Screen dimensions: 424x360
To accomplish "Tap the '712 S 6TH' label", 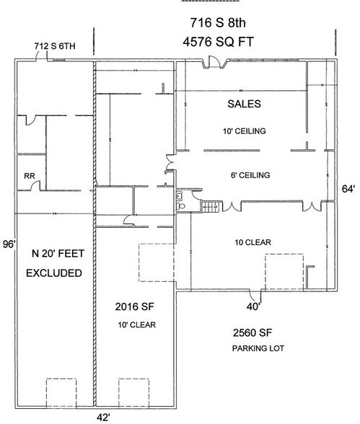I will (x=56, y=48).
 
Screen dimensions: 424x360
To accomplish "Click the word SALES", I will (x=244, y=104).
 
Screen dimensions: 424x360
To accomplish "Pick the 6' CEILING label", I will (x=247, y=175).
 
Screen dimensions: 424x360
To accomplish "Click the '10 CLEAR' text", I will (x=248, y=242).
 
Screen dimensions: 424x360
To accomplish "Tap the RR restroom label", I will (x=30, y=175).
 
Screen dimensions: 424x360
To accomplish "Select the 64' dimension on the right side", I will (x=348, y=188).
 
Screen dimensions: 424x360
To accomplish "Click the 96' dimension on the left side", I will (x=8, y=242).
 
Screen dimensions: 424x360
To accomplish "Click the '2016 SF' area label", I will (x=134, y=306).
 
